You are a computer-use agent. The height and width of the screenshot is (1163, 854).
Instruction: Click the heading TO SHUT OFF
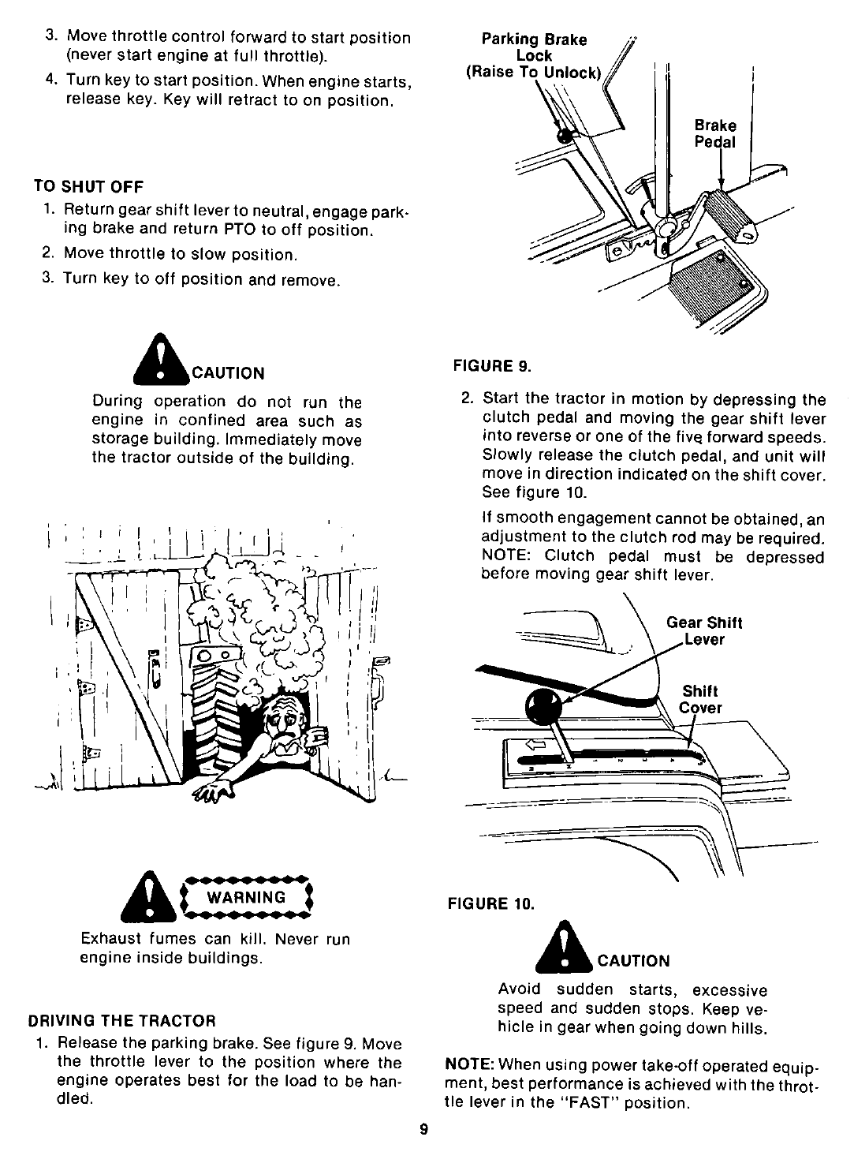[x=88, y=186]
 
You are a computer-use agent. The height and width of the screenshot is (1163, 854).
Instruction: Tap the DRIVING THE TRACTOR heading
[x=121, y=1019]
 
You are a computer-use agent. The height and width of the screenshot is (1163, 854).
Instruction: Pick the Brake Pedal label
[x=715, y=133]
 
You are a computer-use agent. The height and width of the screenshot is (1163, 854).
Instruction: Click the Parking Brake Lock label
[x=534, y=56]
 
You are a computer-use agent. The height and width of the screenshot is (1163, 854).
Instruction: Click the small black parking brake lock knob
[x=564, y=136]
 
